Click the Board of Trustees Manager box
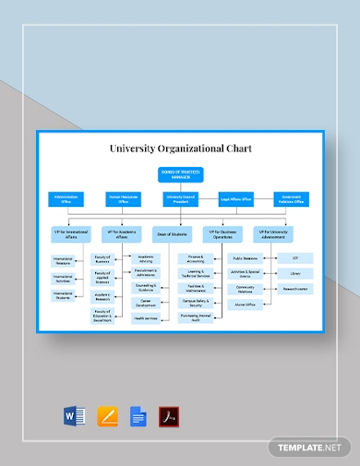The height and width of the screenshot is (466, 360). [179, 175]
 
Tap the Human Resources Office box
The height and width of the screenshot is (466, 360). [123, 198]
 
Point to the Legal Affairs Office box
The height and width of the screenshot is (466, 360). [235, 198]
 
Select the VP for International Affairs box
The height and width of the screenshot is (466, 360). [71, 234]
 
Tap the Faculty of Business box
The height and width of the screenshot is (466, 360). [102, 260]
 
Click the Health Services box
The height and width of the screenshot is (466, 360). [146, 318]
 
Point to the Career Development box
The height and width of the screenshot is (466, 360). [146, 304]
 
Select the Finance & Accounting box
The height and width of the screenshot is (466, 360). [195, 260]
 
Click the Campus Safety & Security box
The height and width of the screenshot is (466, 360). [195, 304]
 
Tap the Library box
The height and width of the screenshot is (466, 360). [294, 274]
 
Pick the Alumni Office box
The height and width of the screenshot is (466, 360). [245, 304]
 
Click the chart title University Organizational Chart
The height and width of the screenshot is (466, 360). [179, 148]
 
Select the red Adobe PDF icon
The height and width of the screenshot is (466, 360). [169, 417]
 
